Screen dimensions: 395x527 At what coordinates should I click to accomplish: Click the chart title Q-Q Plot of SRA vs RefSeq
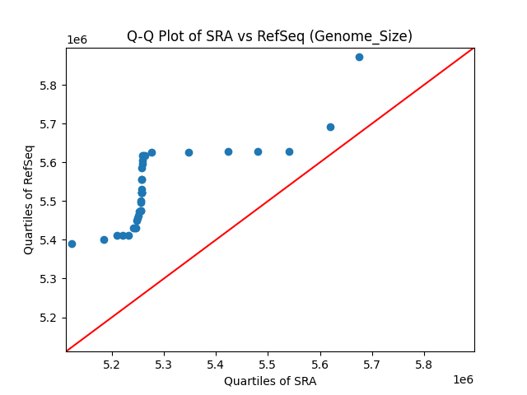(269, 36)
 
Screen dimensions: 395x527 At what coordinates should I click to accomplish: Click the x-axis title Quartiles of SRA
(269, 381)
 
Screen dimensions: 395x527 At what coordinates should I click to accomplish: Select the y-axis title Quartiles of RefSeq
(29, 199)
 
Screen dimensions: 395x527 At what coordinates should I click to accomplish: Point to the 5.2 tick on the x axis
(112, 363)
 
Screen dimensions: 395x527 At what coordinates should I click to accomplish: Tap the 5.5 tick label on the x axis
(268, 363)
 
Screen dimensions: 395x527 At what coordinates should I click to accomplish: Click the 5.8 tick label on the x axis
(424, 363)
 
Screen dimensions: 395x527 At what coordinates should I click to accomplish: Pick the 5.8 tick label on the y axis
(49, 86)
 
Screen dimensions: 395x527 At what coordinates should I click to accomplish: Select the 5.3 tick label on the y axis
(49, 279)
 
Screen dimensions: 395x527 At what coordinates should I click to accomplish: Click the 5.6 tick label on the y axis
(49, 163)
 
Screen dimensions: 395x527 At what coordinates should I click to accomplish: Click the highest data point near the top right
(359, 57)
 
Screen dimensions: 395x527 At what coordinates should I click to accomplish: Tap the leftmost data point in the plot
(72, 244)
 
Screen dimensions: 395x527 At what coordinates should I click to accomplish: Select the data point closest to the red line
(330, 127)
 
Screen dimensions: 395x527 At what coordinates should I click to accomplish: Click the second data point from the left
(104, 239)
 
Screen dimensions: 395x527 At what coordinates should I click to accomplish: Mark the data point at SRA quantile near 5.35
(189, 152)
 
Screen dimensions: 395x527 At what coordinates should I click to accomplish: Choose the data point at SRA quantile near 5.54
(289, 151)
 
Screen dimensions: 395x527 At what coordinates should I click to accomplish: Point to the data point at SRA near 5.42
(228, 151)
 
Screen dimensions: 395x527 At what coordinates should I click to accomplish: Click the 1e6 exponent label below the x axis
(462, 379)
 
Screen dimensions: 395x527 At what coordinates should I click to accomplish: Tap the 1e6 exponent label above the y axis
(77, 40)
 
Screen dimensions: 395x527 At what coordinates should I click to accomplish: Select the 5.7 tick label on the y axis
(49, 124)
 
